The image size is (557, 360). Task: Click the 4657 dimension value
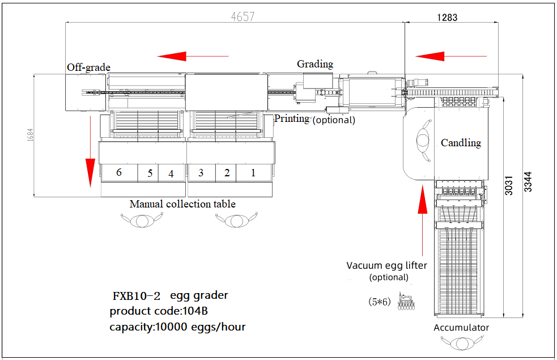pyautogui.click(x=242, y=16)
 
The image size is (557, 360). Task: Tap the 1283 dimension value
pyautogui.click(x=447, y=18)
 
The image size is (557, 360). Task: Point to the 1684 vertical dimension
pyautogui.click(x=29, y=135)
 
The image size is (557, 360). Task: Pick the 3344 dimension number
pyautogui.click(x=528, y=181)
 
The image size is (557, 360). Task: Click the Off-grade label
pyautogui.click(x=88, y=67)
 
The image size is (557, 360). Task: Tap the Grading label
pyautogui.click(x=315, y=64)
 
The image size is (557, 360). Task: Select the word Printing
pyautogui.click(x=292, y=118)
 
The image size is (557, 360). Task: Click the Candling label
pyautogui.click(x=461, y=143)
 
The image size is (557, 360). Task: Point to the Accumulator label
pyautogui.click(x=461, y=328)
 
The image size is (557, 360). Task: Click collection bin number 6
pyautogui.click(x=119, y=172)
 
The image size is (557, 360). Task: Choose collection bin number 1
pyautogui.click(x=253, y=172)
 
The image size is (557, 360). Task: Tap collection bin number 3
pyautogui.click(x=201, y=172)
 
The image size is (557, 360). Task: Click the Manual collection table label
pyautogui.click(x=182, y=204)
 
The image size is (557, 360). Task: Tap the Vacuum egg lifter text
pyautogui.click(x=387, y=265)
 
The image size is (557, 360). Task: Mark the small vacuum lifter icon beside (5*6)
pyautogui.click(x=406, y=302)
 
